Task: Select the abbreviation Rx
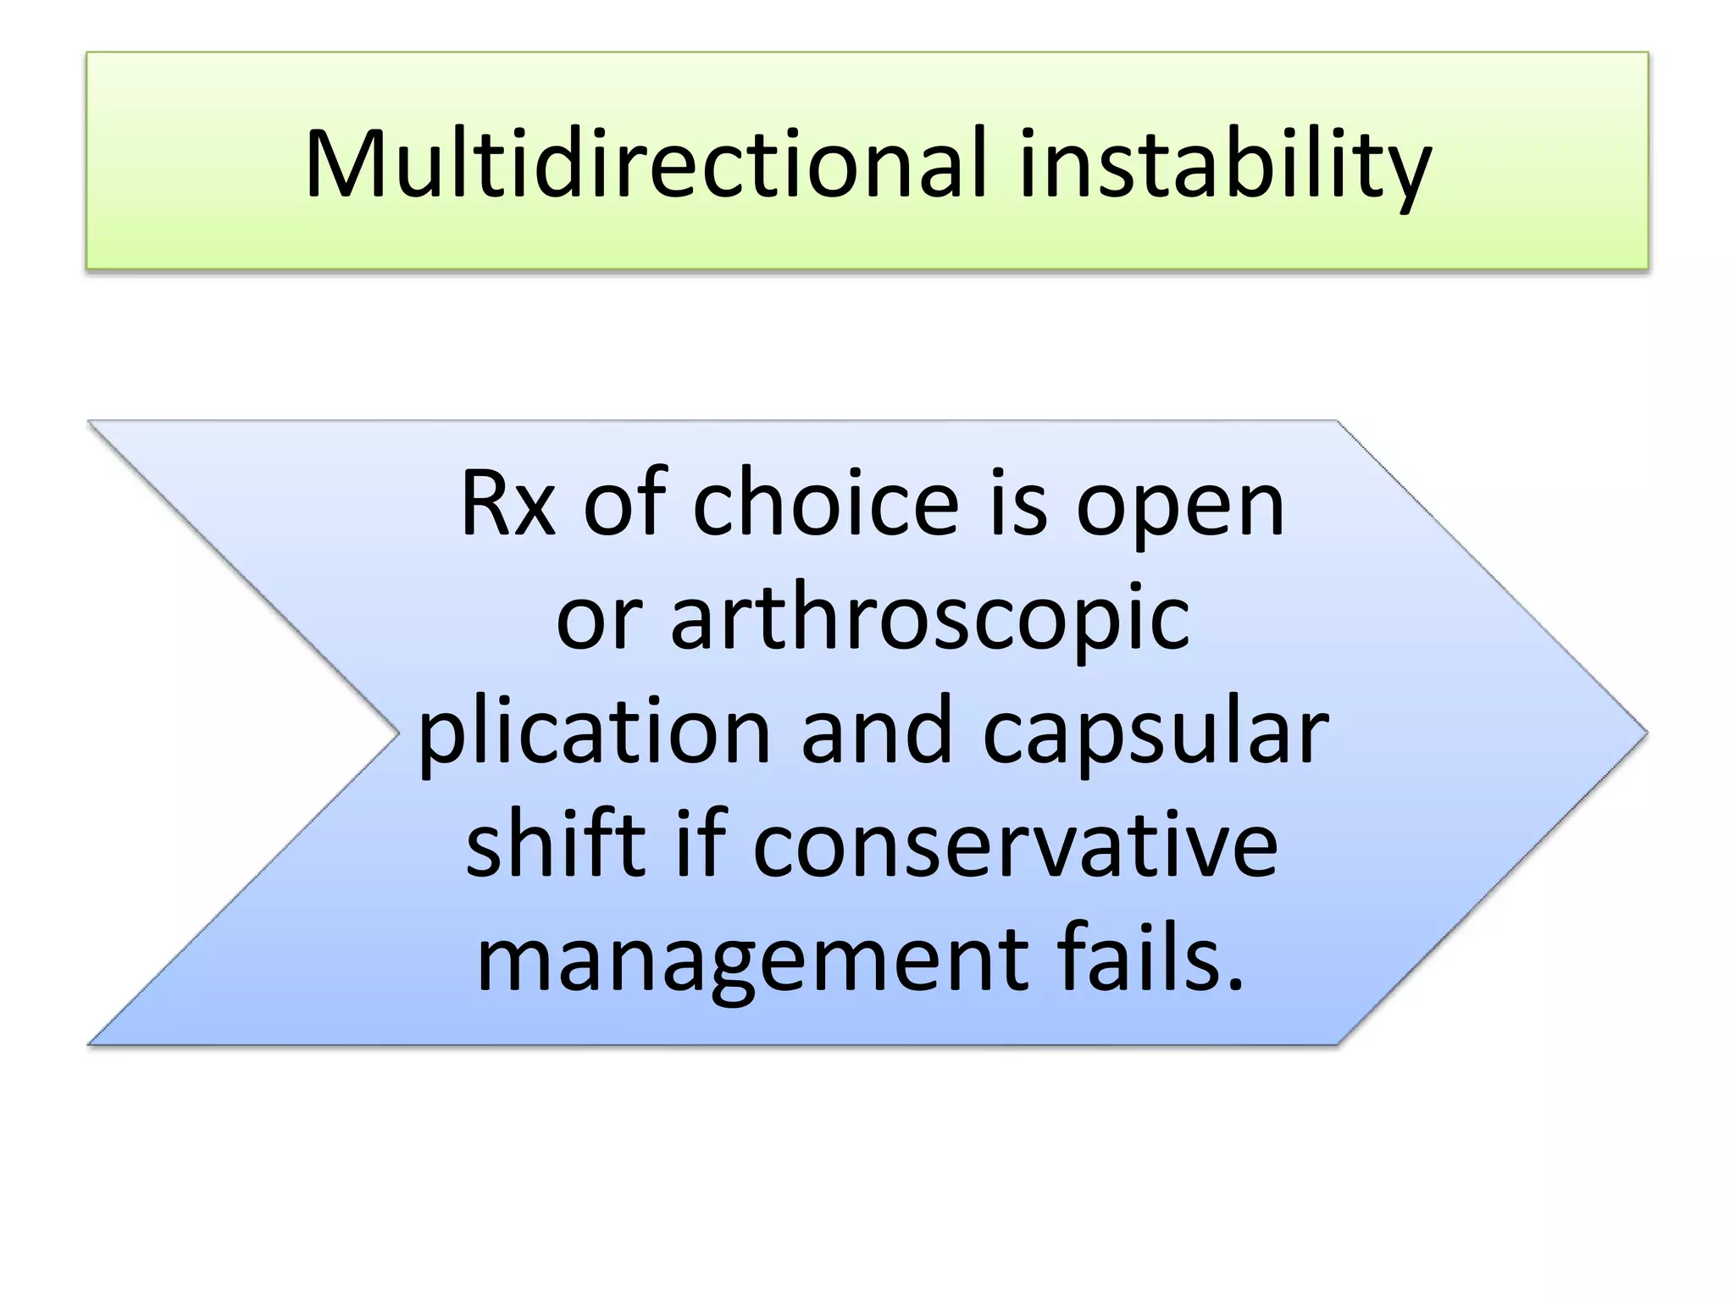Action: tap(507, 504)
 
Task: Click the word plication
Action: tap(594, 733)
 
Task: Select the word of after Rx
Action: tap(624, 503)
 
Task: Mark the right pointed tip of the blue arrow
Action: tap(1644, 733)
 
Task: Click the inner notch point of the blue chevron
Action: tap(397, 733)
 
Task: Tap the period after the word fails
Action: tap(1236, 983)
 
